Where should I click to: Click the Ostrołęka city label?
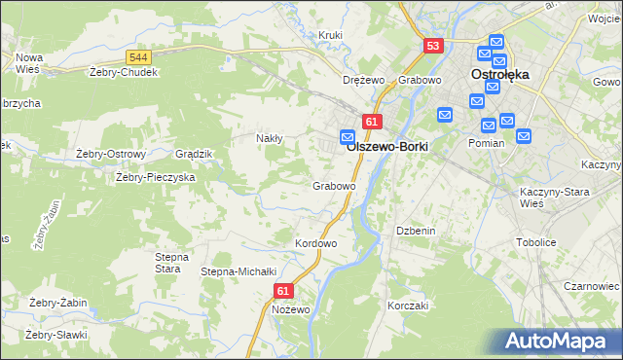pos(498,74)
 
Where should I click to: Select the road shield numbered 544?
pos(138,58)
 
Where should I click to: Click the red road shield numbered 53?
pos(433,46)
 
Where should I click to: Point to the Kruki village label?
pos(331,36)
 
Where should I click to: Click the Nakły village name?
pos(269,138)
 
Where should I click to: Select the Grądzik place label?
pos(193,154)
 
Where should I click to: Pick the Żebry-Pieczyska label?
pos(156,178)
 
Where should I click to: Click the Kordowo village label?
pos(315,242)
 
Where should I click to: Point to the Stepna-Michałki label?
pos(239,271)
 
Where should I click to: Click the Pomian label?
pos(486,143)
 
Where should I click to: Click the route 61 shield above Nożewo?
pos(283,291)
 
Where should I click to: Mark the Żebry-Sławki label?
pos(56,335)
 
